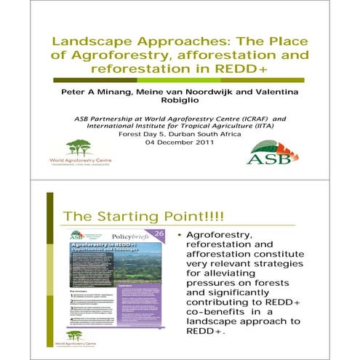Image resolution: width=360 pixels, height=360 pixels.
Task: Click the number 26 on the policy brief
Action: pyautogui.click(x=159, y=233)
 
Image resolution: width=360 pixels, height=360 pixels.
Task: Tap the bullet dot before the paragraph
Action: pyautogui.click(x=179, y=236)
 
